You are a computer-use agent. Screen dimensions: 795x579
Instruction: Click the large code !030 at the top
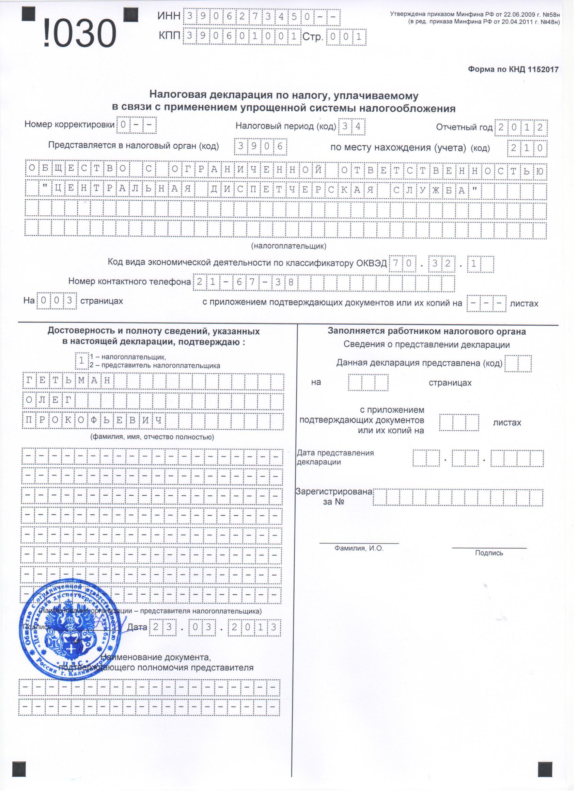point(80,34)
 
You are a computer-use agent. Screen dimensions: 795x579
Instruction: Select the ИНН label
point(169,16)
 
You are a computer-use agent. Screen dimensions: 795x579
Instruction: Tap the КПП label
point(170,36)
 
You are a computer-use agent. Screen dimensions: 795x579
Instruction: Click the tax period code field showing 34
point(351,127)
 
